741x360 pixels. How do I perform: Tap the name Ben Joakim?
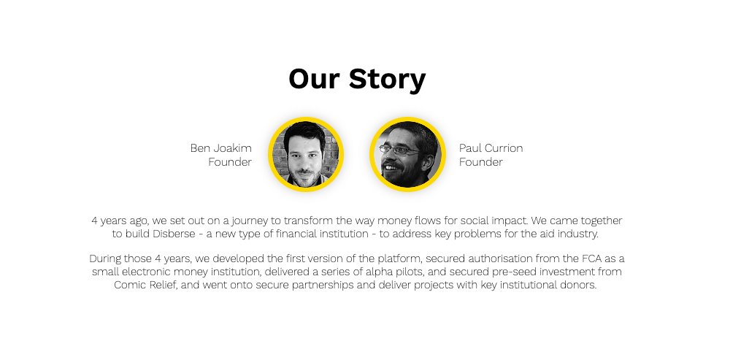[220, 148]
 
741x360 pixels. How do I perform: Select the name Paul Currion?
[491, 148]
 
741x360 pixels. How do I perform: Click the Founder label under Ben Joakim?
[229, 162]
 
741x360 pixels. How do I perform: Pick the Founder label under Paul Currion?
[480, 162]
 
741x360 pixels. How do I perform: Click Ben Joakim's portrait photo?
[305, 154]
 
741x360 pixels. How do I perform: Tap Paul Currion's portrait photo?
[407, 154]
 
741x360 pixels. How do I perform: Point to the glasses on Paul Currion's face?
[399, 150]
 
